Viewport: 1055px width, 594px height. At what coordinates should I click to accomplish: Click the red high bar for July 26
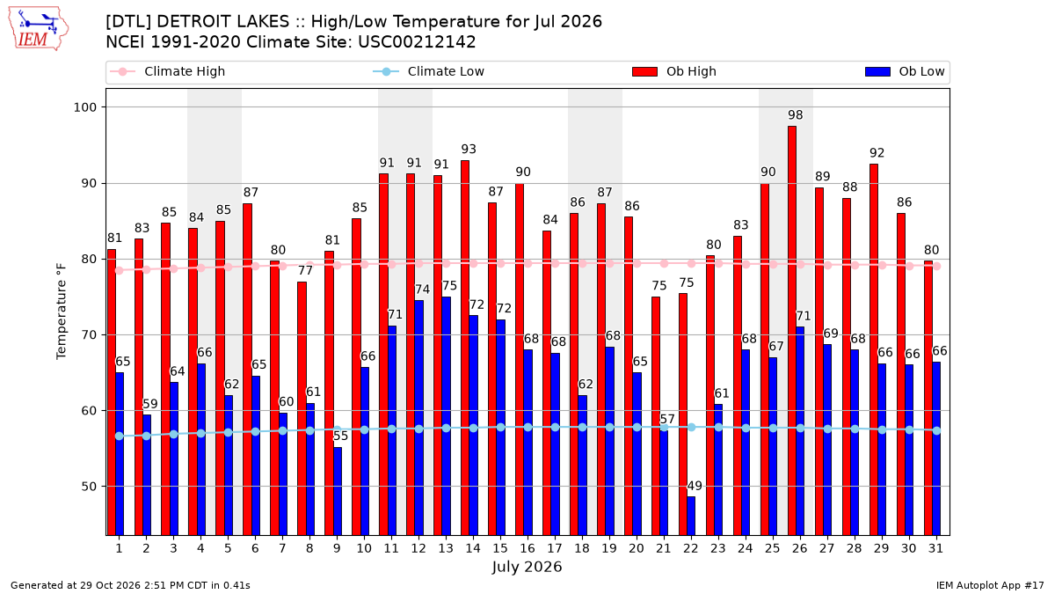click(792, 331)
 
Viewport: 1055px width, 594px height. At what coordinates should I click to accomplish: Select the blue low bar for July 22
click(691, 516)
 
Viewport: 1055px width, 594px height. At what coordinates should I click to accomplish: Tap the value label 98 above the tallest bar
click(795, 115)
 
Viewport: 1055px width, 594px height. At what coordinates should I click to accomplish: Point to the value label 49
click(695, 486)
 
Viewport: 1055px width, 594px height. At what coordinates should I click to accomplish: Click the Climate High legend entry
click(167, 71)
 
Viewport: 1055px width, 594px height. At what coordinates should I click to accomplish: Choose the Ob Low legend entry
click(905, 71)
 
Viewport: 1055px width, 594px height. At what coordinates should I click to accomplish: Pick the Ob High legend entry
click(674, 71)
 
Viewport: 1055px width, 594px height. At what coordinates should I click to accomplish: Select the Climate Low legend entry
click(428, 71)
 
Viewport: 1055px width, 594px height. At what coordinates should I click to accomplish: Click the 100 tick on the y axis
click(84, 107)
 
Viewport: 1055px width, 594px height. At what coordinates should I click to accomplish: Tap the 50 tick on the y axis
click(89, 487)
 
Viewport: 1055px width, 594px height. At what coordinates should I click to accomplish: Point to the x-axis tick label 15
click(500, 548)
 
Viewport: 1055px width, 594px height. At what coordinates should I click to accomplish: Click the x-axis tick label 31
click(935, 548)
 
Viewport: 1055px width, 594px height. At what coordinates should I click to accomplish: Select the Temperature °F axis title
click(62, 312)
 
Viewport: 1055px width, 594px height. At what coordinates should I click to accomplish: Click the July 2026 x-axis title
click(527, 567)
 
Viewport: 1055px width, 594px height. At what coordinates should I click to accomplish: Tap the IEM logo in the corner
click(39, 29)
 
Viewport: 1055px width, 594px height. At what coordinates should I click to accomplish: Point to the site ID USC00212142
click(417, 42)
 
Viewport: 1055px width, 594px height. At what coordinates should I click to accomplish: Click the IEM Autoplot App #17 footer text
click(990, 585)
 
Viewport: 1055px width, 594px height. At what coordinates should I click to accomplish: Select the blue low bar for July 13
click(446, 416)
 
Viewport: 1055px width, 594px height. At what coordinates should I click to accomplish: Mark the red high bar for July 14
click(465, 348)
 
